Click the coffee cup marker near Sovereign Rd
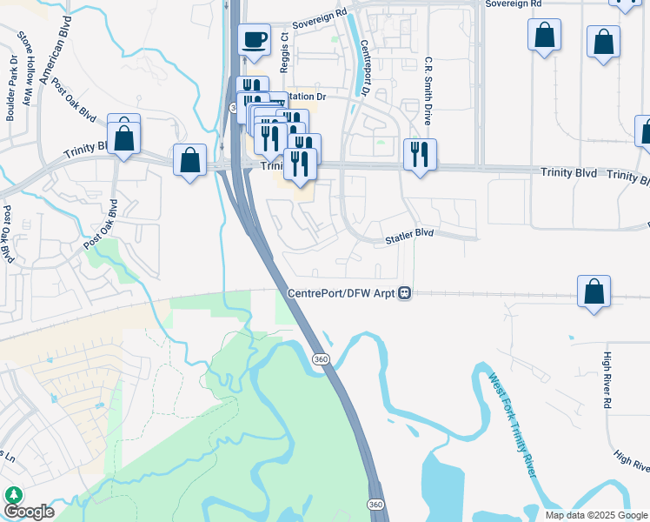tap(254, 40)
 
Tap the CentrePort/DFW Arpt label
tap(342, 293)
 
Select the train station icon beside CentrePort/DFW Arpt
tap(405, 293)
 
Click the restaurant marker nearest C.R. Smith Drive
tap(420, 155)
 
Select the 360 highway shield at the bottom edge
tap(375, 504)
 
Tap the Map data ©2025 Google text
tap(595, 514)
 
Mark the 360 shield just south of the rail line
tap(319, 358)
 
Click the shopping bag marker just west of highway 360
tap(189, 161)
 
